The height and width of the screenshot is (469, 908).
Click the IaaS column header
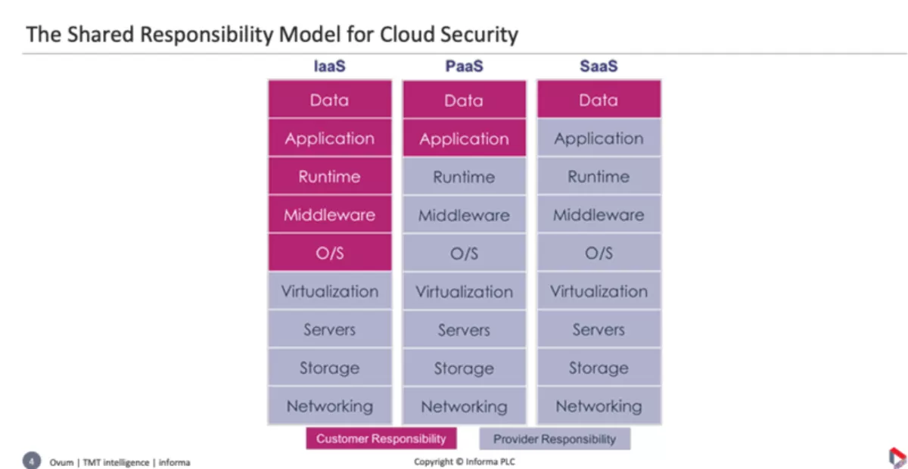click(330, 66)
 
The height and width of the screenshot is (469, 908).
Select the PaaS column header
click(464, 66)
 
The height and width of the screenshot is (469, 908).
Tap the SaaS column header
click(599, 66)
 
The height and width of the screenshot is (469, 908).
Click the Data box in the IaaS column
click(330, 99)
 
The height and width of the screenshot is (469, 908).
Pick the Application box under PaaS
click(465, 138)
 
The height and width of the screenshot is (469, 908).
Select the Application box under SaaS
click(599, 138)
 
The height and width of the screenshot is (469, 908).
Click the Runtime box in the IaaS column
click(330, 176)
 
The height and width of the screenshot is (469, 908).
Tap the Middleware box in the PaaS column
click(465, 214)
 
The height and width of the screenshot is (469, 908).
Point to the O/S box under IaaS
click(330, 253)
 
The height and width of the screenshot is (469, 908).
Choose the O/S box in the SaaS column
click(599, 253)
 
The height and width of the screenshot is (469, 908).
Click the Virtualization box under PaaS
click(465, 291)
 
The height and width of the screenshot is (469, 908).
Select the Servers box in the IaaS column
click(330, 329)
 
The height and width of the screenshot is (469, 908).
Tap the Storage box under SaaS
click(599, 367)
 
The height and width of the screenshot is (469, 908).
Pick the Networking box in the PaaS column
click(465, 405)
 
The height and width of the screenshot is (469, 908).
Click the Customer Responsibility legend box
click(381, 439)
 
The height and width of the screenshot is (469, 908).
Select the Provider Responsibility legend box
click(555, 439)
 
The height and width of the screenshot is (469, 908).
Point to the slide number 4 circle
click(32, 461)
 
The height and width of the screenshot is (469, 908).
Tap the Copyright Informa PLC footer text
click(465, 461)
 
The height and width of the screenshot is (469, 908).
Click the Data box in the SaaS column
click(599, 99)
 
